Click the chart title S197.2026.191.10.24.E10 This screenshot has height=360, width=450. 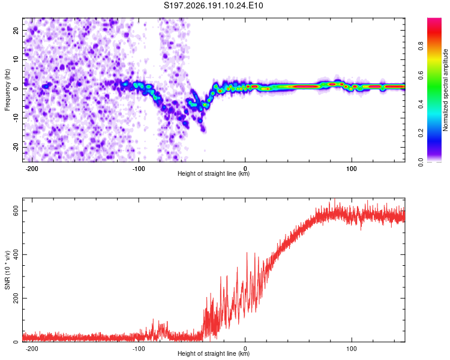(x=213, y=5)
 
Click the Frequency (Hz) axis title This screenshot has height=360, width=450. (x=7, y=90)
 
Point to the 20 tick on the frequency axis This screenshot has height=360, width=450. (x=16, y=30)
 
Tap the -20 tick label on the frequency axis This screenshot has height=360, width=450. (x=16, y=147)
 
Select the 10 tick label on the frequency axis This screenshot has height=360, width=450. (x=16, y=59)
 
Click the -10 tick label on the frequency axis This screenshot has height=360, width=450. (x=16, y=118)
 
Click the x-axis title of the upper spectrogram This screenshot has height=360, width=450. (x=214, y=173)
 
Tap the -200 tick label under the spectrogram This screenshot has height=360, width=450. (x=32, y=169)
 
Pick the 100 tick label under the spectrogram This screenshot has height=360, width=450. (x=352, y=169)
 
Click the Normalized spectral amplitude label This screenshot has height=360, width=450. (x=445, y=90)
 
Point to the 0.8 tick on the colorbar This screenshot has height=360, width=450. (x=421, y=46)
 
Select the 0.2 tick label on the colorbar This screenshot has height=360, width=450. (x=421, y=133)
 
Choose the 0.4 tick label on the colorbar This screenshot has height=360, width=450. (x=421, y=104)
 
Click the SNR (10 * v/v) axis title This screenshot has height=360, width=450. (x=7, y=270)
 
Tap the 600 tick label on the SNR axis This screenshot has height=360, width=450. (x=16, y=211)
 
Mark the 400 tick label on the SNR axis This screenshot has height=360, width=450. (x=16, y=254)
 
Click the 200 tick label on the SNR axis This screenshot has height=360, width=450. (x=16, y=298)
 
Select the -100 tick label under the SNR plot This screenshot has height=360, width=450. (x=139, y=349)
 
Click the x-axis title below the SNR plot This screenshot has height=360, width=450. (x=214, y=353)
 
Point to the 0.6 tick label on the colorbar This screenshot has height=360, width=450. (x=421, y=75)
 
